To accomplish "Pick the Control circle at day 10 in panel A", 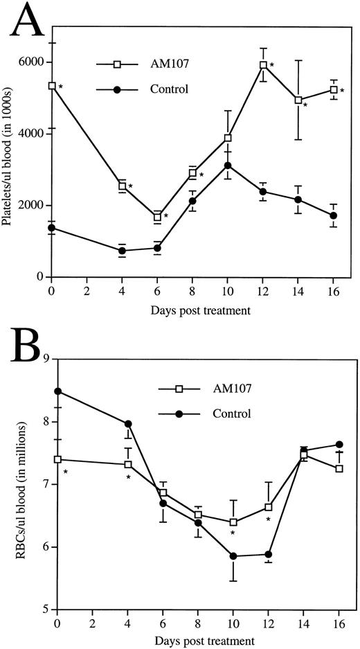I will click(227, 166).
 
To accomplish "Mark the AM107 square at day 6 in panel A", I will click(157, 217).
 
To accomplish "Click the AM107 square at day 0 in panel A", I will click(52, 86).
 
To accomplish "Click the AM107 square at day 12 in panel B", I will click(268, 507).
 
